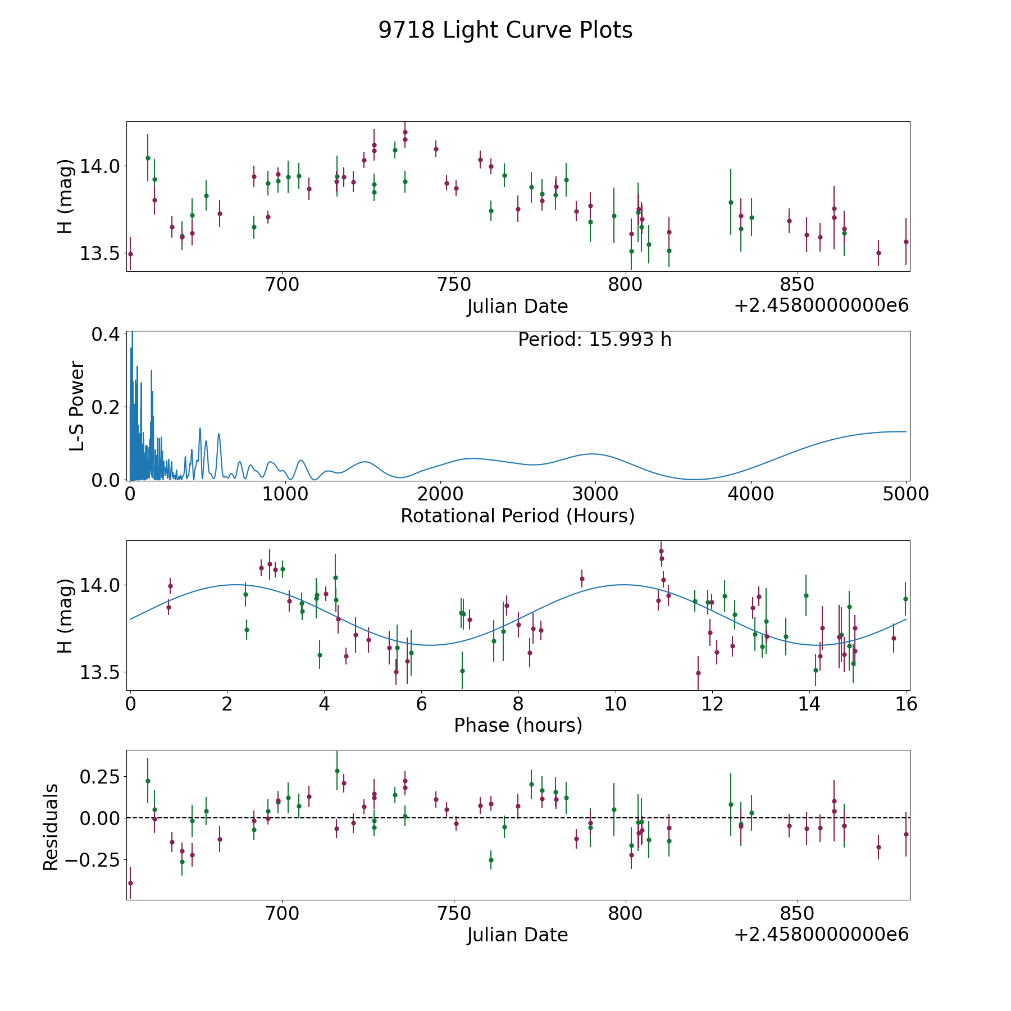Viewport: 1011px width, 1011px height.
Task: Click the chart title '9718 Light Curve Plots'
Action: tap(505, 30)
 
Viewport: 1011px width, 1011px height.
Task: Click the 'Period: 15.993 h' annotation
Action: tap(594, 340)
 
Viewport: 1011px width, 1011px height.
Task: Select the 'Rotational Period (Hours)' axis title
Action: tap(517, 516)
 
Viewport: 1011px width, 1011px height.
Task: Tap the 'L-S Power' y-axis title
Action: tap(78, 406)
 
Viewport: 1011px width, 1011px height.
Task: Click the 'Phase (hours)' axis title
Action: tap(518, 725)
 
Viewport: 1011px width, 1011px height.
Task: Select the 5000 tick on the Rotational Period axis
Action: tap(905, 494)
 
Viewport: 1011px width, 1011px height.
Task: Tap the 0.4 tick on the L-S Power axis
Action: tap(105, 334)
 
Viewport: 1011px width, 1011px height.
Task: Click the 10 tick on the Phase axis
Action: tap(616, 704)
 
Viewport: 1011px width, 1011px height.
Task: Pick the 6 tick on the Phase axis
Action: tap(421, 704)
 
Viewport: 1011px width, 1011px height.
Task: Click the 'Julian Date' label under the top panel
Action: tap(517, 307)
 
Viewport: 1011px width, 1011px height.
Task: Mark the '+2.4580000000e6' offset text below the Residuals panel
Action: tap(821, 935)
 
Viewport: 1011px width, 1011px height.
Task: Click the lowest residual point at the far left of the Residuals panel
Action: tap(130, 883)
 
